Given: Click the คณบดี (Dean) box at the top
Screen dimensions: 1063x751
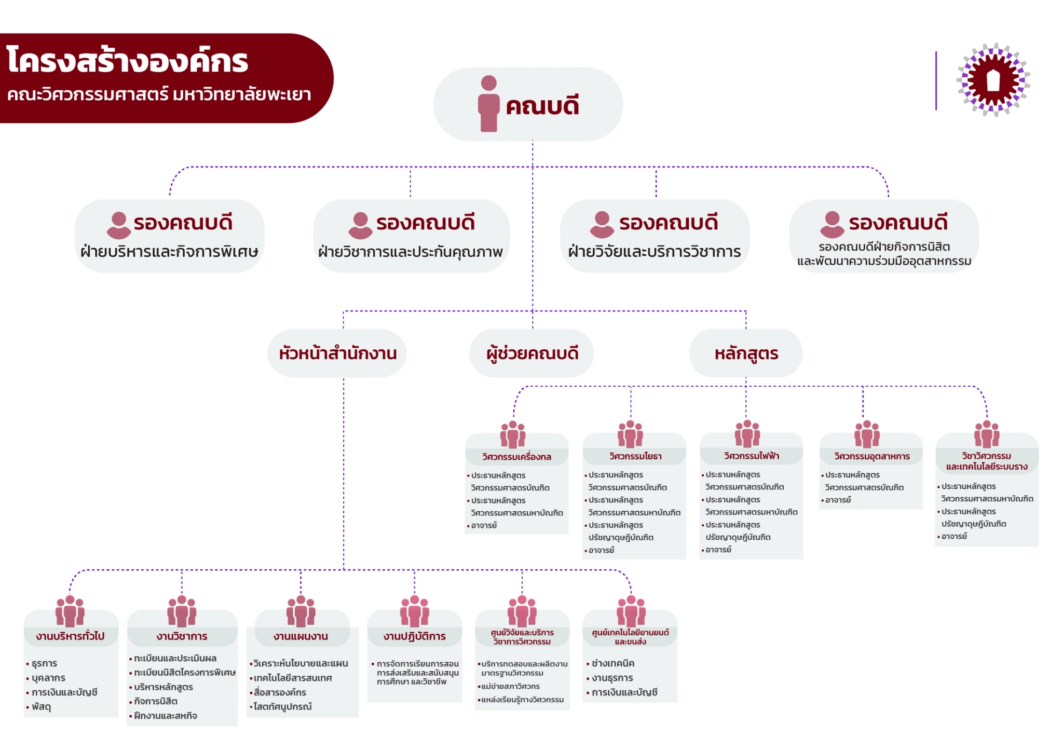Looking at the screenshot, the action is [528, 104].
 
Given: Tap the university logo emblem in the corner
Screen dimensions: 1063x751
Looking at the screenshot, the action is [993, 80].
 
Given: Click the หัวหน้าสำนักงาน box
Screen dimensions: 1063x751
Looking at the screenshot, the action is [337, 353].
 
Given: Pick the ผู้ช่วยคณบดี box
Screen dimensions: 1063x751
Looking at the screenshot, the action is [531, 353].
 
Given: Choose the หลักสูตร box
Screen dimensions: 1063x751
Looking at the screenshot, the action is [746, 353].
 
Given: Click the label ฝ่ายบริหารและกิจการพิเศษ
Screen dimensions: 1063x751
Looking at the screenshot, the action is [169, 252].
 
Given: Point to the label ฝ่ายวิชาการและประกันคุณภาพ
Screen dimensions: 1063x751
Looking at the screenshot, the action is [411, 252].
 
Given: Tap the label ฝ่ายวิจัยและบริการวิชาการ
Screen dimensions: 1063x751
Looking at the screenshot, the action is [655, 252].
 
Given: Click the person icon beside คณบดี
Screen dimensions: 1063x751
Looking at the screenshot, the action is [488, 104].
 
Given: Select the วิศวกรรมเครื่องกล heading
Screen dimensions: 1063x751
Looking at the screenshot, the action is [516, 457].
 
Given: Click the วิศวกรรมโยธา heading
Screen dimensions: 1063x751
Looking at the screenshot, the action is [635, 456].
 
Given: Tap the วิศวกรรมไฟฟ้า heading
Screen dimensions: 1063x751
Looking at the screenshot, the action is [752, 456].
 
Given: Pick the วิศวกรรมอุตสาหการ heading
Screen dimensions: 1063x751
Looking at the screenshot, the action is [872, 456].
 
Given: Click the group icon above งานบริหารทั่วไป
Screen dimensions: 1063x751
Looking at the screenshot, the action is [70, 611].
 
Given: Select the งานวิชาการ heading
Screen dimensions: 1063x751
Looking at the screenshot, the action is [182, 636].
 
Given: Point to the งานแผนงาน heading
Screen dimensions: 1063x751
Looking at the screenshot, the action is [301, 636].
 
